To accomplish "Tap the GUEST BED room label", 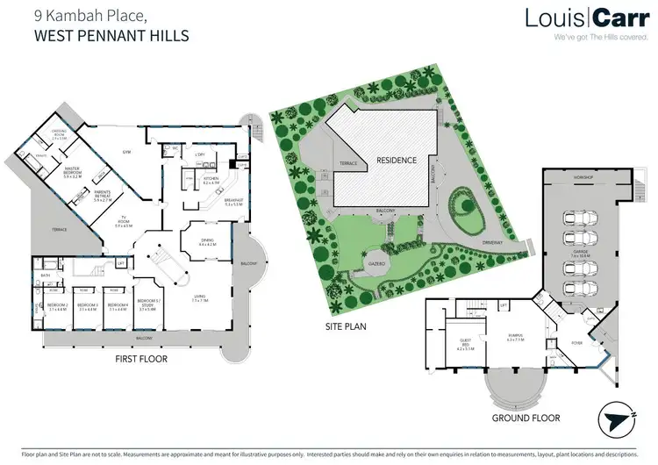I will coord(461,345).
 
